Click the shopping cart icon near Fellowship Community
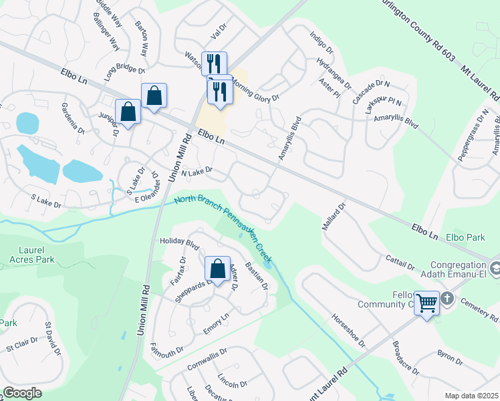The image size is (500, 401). point(427,303)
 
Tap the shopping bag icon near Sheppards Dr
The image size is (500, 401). point(217,269)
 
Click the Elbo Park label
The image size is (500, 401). point(466,237)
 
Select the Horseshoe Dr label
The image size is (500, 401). point(348,330)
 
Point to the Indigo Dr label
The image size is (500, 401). point(321,41)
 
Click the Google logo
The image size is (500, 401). point(22,393)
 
